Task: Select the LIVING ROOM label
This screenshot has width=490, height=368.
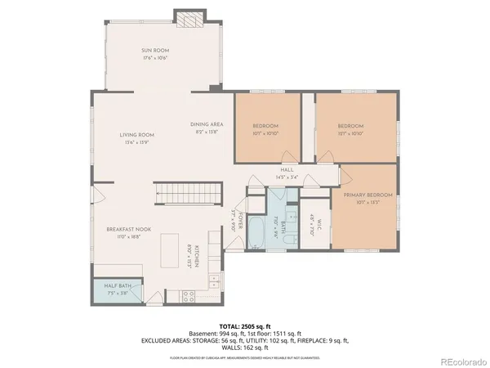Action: point(137,138)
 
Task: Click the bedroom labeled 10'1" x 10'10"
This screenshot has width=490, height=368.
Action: point(266,128)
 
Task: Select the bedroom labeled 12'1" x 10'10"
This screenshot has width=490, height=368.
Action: point(352,128)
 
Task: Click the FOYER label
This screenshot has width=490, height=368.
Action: point(234,221)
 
